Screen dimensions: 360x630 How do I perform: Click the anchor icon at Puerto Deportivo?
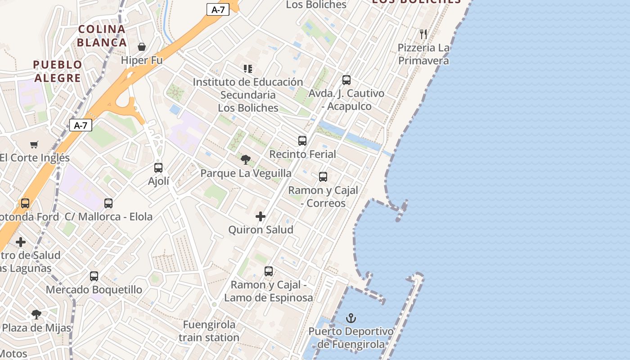[x=351, y=319]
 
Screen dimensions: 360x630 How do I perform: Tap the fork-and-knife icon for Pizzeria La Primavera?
[x=423, y=34]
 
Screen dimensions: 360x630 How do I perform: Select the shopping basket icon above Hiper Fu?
[x=142, y=47]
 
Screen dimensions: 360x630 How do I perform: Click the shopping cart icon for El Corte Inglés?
[x=34, y=144]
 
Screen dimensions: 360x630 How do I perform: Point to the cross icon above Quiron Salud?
[x=261, y=216]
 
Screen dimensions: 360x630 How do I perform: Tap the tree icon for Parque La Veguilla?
[x=246, y=160]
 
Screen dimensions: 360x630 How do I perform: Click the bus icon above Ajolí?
[x=158, y=168]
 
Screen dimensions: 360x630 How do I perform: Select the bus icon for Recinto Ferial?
[x=302, y=141]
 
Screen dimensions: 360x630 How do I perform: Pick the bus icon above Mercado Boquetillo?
[x=94, y=276]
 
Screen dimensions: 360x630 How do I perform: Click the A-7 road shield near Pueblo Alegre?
[x=81, y=125]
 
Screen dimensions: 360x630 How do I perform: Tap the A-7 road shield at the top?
[x=218, y=9]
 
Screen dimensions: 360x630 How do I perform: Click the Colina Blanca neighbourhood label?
[x=102, y=36]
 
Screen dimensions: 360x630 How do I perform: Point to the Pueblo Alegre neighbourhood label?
[x=58, y=71]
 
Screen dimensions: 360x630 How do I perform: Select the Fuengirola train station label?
[x=209, y=331]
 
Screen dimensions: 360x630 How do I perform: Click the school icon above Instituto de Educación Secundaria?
[x=248, y=69]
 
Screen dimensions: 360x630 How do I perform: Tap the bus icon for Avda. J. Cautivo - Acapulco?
[x=346, y=80]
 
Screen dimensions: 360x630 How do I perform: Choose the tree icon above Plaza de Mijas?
[x=36, y=315]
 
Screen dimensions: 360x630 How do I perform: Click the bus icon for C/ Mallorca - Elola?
[x=108, y=203]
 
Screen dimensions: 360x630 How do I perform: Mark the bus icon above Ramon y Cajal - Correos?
[x=323, y=177]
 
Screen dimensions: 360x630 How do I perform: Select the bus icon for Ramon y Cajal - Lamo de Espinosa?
[x=269, y=271]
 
